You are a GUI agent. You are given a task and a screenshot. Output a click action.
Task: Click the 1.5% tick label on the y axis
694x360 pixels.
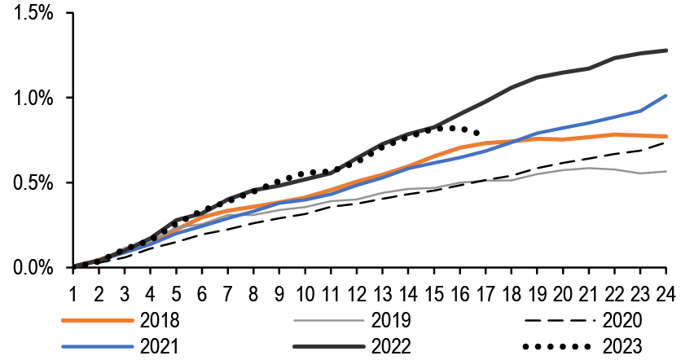click(x=32, y=15)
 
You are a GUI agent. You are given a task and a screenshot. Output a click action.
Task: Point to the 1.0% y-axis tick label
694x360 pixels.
click(x=32, y=99)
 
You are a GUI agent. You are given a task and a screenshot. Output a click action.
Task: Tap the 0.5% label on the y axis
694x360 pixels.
click(x=32, y=183)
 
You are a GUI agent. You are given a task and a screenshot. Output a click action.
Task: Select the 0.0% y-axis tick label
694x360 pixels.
click(x=32, y=268)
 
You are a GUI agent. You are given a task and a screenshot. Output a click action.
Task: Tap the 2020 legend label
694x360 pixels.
click(x=625, y=319)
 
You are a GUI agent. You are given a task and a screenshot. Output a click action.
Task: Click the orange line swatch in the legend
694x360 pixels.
click(x=96, y=319)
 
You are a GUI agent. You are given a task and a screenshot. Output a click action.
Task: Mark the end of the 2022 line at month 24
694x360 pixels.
click(x=666, y=50)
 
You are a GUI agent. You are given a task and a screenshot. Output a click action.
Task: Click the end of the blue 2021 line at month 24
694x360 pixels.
click(x=666, y=96)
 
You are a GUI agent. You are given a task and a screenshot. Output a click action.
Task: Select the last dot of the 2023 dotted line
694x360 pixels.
click(x=477, y=133)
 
